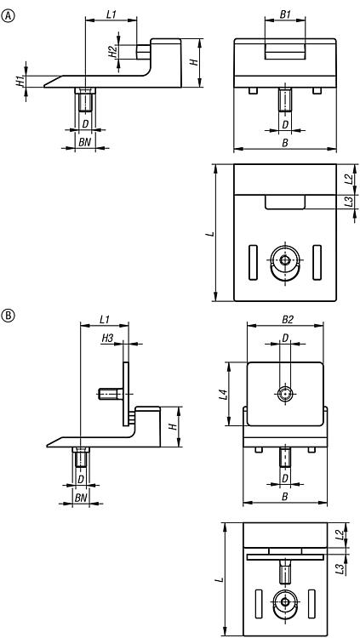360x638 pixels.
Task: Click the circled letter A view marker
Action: click(x=8, y=16)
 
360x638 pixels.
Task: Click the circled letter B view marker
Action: click(x=8, y=315)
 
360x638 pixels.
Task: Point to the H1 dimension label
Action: click(x=20, y=81)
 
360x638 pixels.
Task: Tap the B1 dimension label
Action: click(x=285, y=14)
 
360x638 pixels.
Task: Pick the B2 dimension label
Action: click(x=288, y=319)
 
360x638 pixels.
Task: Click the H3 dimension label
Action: click(x=107, y=338)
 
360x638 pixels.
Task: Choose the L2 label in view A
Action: click(x=348, y=179)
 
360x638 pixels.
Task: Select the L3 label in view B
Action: click(x=340, y=568)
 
